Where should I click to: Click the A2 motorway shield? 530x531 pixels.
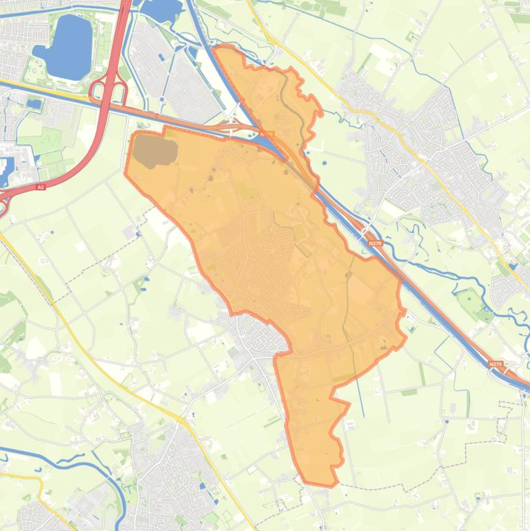[x=41, y=187]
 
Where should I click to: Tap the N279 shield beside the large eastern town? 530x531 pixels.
[x=374, y=243]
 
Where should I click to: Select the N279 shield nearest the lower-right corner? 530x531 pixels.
[x=494, y=364]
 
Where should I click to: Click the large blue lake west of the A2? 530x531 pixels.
[x=63, y=47]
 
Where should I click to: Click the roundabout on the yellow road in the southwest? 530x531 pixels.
[x=180, y=419]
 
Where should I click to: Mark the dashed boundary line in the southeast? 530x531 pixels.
[x=476, y=441]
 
